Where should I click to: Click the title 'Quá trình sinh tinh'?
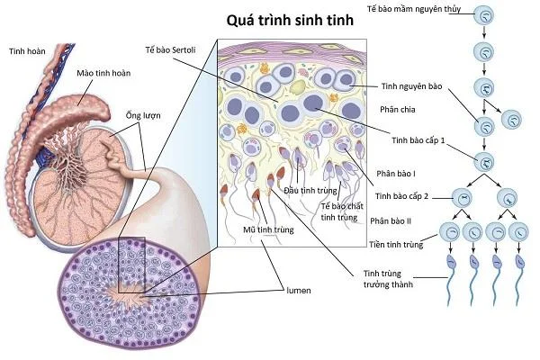tap(290, 21)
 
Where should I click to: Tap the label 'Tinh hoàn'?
tap(27, 51)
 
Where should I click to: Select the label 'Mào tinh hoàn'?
tap(103, 73)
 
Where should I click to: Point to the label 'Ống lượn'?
tap(143, 115)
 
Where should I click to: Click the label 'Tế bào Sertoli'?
tap(170, 50)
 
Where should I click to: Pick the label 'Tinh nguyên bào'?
tap(412, 86)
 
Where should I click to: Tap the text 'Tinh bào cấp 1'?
tap(418, 140)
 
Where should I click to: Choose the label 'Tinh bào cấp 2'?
tap(401, 196)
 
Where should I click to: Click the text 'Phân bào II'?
tap(391, 221)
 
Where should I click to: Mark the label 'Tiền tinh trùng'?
tap(396, 245)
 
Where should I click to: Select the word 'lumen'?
tap(299, 291)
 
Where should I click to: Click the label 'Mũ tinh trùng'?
tap(268, 229)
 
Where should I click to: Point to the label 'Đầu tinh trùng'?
tap(310, 190)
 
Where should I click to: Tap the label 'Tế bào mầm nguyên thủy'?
tap(414, 9)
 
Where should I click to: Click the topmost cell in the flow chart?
tap(484, 15)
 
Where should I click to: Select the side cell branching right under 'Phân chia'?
tap(511, 120)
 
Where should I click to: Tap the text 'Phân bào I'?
tap(396, 174)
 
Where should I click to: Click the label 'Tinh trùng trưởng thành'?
tap(388, 279)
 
